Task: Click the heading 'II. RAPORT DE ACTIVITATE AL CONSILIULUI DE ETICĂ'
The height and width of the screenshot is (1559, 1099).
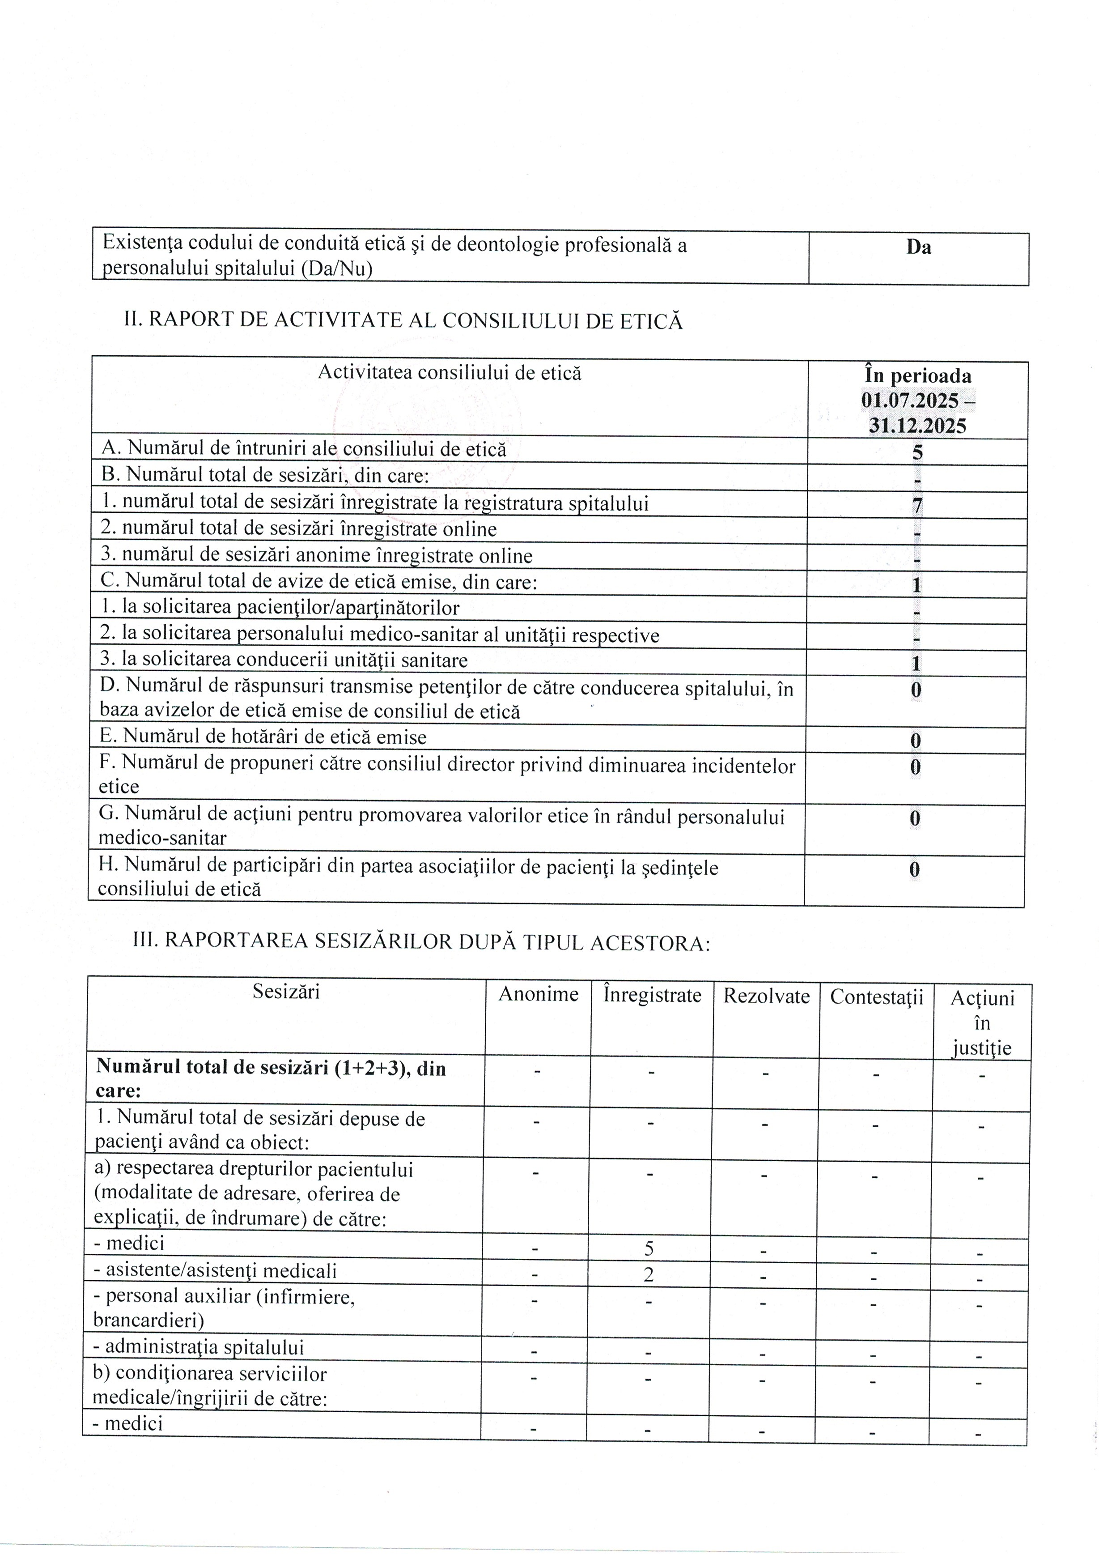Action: point(403,320)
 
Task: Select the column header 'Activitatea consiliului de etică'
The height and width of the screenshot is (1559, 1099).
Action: point(450,373)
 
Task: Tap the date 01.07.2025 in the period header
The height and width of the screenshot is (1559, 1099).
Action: point(910,400)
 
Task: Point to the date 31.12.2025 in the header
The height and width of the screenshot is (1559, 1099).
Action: point(917,426)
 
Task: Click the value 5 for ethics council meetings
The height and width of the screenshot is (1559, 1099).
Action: point(917,452)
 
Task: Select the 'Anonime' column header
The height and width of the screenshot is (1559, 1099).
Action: point(538,995)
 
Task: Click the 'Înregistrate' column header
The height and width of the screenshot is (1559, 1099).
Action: point(652,996)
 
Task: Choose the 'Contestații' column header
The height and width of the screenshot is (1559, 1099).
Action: point(876,997)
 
